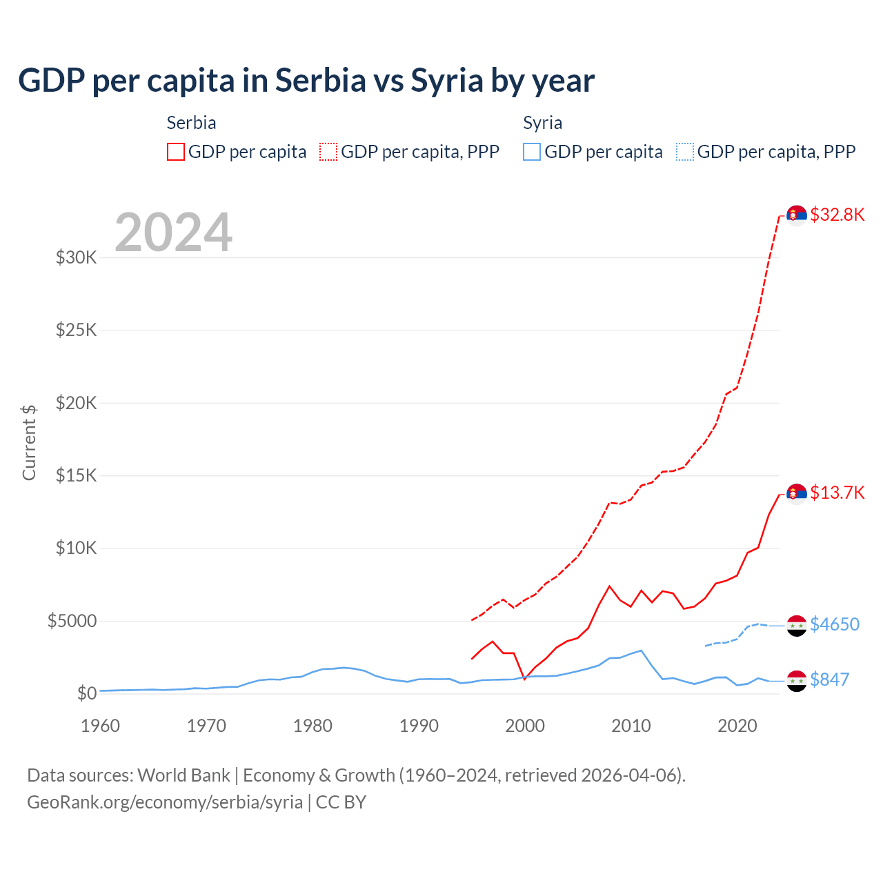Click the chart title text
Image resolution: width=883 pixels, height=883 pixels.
point(306,81)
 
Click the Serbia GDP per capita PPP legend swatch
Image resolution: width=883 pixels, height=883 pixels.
point(328,152)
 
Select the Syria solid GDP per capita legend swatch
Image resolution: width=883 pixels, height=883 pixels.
point(531,152)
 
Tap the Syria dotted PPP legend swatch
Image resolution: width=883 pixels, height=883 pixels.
point(684,152)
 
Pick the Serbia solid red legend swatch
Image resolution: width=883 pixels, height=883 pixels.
point(176,152)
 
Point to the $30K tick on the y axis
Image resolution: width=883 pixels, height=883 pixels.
point(77,258)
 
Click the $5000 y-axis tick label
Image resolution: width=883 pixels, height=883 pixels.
point(72,621)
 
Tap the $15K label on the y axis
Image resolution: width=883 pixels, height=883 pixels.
point(77,476)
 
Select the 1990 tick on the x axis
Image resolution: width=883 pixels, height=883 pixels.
point(419,726)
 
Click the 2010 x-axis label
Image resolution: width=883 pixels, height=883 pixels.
point(631,726)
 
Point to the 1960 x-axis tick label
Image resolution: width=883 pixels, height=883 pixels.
point(101,726)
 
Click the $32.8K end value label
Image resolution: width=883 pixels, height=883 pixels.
point(837,215)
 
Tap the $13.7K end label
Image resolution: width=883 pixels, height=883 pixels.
point(837,493)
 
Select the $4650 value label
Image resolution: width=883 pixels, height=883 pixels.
point(834,624)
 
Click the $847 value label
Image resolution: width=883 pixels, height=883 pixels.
point(829,679)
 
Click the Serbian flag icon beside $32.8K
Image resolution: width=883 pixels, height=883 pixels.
point(797,215)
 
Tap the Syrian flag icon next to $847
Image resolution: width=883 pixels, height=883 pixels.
point(797,681)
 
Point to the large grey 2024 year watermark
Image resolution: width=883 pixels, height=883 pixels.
point(173,232)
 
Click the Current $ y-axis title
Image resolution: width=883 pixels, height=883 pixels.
point(29,442)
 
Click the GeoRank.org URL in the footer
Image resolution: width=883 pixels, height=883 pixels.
point(165,802)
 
